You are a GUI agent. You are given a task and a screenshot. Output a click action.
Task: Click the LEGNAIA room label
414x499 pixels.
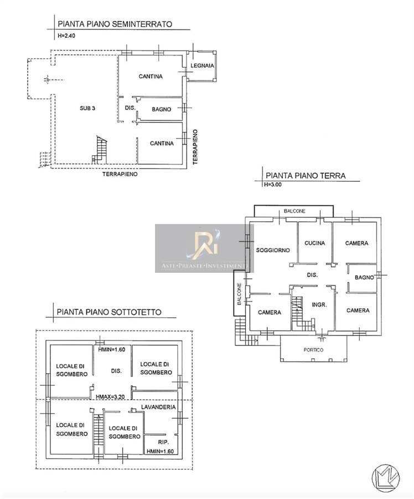click(202, 66)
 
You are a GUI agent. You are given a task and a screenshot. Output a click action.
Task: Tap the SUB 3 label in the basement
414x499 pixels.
click(87, 108)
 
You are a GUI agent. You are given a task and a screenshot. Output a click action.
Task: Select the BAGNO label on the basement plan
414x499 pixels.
click(162, 109)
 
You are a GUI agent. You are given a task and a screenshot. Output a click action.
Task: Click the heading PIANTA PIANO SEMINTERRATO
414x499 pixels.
click(115, 24)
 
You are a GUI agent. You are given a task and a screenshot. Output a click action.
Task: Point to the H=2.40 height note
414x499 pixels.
click(66, 35)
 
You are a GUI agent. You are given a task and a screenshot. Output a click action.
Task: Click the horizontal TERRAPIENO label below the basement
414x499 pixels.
click(120, 174)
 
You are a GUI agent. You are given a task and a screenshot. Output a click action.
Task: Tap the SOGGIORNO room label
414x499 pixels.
click(273, 250)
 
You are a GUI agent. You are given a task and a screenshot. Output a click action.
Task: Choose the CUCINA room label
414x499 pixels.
click(314, 243)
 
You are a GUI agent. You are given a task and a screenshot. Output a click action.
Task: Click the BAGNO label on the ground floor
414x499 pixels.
click(364, 278)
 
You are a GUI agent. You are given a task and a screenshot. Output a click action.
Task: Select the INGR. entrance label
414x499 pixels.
click(319, 304)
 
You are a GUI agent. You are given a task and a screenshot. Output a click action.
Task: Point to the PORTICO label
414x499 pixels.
click(313, 350)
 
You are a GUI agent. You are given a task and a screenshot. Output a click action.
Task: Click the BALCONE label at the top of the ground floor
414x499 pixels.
click(294, 211)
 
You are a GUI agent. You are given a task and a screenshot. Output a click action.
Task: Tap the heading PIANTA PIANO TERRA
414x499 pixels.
click(306, 176)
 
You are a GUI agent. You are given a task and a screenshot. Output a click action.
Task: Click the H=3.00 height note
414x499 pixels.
click(273, 184)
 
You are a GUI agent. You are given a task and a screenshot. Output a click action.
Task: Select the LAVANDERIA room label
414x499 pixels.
click(158, 407)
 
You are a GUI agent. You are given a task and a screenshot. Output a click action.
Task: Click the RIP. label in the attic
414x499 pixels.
click(163, 442)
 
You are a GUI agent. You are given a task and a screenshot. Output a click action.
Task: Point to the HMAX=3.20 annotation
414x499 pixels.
click(110, 397)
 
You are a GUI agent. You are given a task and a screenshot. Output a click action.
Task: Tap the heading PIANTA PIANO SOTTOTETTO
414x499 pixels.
click(109, 312)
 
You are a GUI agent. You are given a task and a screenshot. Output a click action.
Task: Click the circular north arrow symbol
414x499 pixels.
click(385, 478)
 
